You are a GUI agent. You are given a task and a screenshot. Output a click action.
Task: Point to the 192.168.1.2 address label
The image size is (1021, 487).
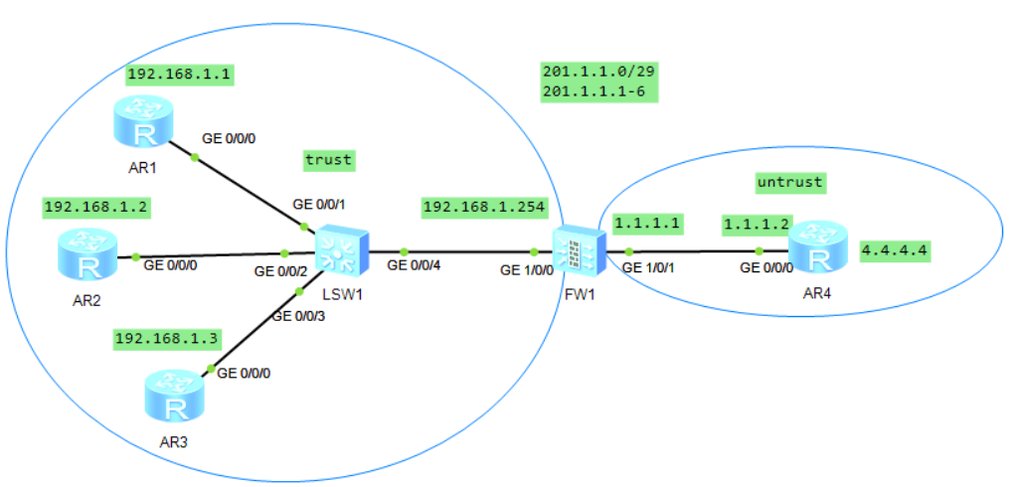[88, 207]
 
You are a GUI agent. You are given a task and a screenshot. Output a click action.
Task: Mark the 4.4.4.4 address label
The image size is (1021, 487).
[896, 250]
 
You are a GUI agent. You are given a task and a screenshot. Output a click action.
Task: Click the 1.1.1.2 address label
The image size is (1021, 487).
[755, 226]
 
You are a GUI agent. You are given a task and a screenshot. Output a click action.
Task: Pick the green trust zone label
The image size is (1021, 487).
[329, 158]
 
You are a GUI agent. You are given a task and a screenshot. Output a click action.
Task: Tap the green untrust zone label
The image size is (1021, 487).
[790, 182]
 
